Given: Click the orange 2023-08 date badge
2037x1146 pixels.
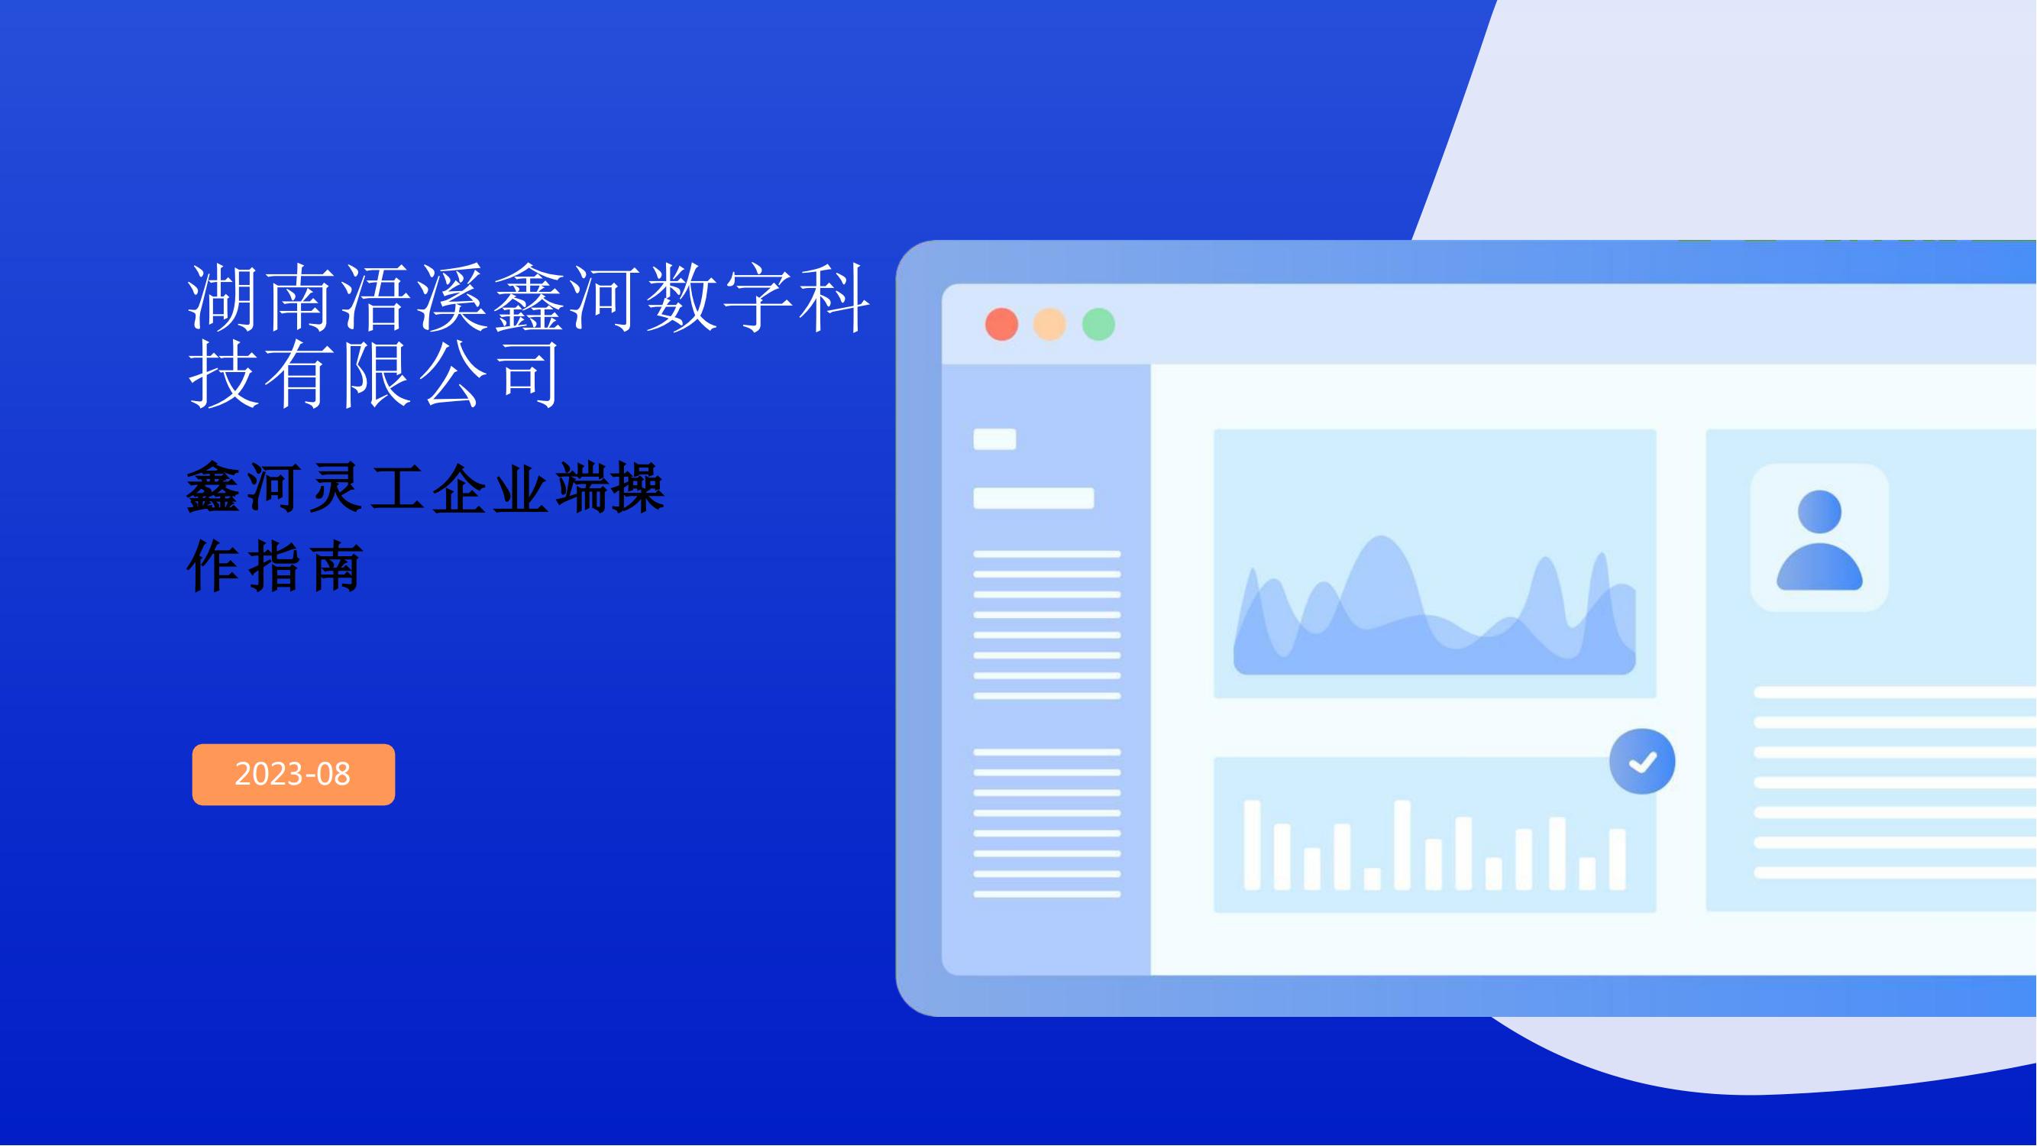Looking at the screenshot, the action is pos(293,774).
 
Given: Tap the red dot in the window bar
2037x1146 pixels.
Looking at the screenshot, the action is pos(1002,324).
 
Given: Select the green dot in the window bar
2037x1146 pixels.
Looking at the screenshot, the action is pos(1098,324).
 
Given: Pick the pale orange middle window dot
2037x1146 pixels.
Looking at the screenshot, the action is pos(1050,324).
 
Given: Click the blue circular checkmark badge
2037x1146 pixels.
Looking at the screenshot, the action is pos(1642,762).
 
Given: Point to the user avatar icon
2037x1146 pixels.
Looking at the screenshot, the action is pos(1819,540).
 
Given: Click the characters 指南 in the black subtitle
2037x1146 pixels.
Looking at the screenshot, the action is pos(306,566).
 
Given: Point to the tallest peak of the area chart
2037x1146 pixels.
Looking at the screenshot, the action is pos(1382,538).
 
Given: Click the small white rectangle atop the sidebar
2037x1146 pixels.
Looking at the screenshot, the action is pos(994,439).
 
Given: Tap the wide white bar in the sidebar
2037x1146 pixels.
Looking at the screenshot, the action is pos(1033,498).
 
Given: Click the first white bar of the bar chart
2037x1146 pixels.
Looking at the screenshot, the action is pos(1253,846).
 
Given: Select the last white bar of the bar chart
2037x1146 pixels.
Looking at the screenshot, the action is pos(1618,859).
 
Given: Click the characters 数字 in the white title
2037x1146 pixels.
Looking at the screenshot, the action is pos(717,298).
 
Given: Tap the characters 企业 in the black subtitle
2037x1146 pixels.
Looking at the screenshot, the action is pos(490,488).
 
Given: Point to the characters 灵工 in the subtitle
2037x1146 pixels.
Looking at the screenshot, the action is pos(366,488).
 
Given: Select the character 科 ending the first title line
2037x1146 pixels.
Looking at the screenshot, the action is pos(833,298).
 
